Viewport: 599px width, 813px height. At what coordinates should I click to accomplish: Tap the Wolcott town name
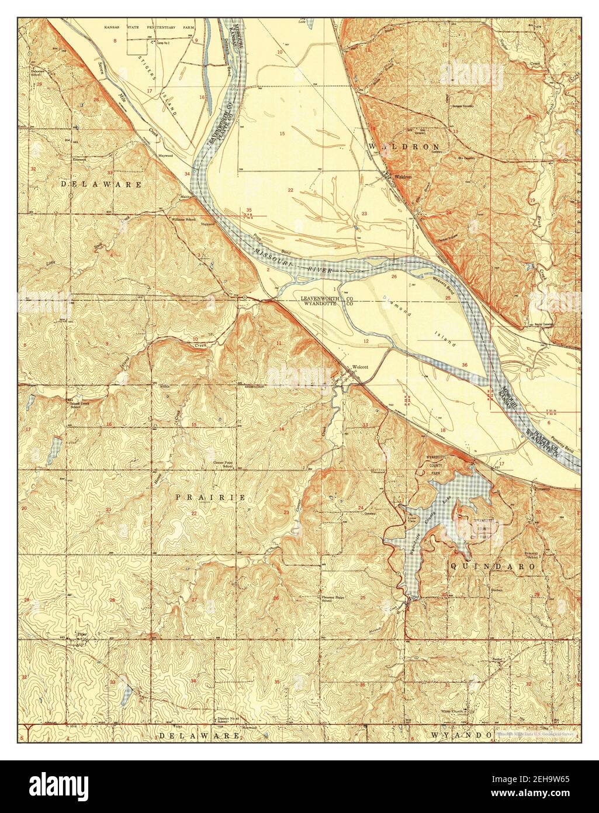click(x=359, y=367)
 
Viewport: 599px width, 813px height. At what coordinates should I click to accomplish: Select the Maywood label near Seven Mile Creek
click(x=165, y=156)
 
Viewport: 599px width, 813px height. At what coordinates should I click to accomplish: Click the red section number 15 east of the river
click(x=282, y=134)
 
